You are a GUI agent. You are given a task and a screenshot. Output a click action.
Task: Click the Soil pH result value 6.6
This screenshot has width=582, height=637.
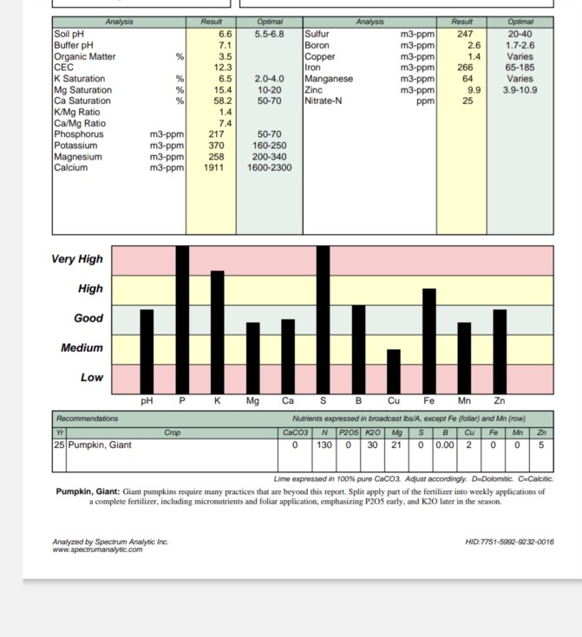click(x=224, y=34)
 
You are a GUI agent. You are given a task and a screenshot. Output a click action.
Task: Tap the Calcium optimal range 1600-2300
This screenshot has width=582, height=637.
click(x=269, y=168)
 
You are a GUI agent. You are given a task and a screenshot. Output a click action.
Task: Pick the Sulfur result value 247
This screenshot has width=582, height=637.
click(x=464, y=34)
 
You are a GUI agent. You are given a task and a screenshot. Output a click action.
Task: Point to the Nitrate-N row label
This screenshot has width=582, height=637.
click(x=324, y=101)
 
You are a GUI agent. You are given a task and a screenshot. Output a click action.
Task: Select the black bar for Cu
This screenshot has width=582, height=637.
click(x=394, y=370)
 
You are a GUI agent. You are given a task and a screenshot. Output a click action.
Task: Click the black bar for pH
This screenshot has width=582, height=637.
click(x=147, y=351)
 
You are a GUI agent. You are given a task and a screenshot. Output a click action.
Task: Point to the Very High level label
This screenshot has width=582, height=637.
click(x=77, y=259)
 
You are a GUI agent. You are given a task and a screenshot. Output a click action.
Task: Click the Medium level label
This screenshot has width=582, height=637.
click(x=82, y=348)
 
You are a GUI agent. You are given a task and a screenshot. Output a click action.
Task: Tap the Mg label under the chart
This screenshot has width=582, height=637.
click(x=252, y=401)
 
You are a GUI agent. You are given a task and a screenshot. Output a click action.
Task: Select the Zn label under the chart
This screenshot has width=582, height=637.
click(x=500, y=401)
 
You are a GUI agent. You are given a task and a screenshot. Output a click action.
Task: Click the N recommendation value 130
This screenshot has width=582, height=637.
click(x=324, y=445)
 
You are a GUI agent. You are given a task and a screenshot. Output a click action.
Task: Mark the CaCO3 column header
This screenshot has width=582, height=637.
click(x=296, y=432)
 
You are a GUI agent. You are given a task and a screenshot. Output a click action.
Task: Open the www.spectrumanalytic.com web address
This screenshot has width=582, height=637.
click(x=97, y=549)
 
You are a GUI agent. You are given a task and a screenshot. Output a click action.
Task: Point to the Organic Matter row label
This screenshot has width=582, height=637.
click(x=84, y=56)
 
